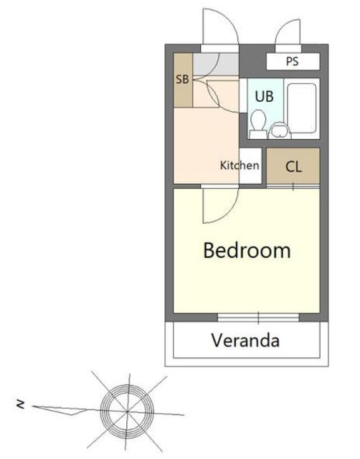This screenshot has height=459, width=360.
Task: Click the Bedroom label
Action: click(x=247, y=250)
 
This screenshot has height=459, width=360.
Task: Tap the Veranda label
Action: click(x=245, y=341)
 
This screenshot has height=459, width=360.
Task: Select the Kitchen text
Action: click(x=240, y=166)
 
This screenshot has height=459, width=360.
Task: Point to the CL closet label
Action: click(x=293, y=167)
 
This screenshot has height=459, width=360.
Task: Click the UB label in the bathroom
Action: click(x=265, y=96)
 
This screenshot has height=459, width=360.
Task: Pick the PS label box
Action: click(x=293, y=62)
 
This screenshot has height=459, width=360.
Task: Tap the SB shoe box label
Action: click(x=182, y=80)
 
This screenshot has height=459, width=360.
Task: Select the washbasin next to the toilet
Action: click(x=280, y=131)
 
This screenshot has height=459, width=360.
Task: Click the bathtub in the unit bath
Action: click(x=302, y=108)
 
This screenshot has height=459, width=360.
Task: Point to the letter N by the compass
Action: click(x=21, y=404)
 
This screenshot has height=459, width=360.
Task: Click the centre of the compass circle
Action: click(x=127, y=411)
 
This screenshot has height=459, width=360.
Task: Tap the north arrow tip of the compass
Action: click(x=32, y=407)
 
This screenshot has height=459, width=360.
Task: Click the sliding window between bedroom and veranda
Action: click(x=258, y=318)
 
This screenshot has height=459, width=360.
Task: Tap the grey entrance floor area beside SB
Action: click(x=216, y=64)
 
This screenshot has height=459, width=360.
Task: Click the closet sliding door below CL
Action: click(x=293, y=186)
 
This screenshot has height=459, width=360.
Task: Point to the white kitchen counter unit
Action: click(x=250, y=166)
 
